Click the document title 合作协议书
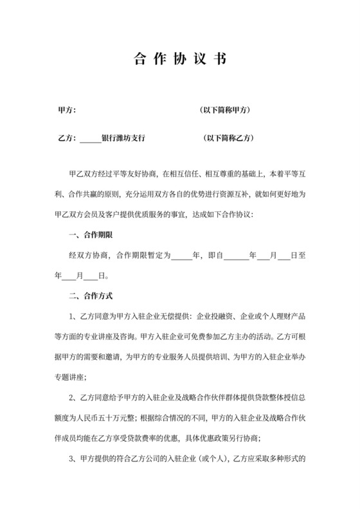click(180, 60)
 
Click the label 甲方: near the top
click(67, 111)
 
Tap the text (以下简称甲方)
click(226, 111)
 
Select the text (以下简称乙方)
click(228, 138)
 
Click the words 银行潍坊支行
click(123, 138)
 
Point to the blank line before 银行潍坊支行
click(91, 139)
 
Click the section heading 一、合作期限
click(90, 235)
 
